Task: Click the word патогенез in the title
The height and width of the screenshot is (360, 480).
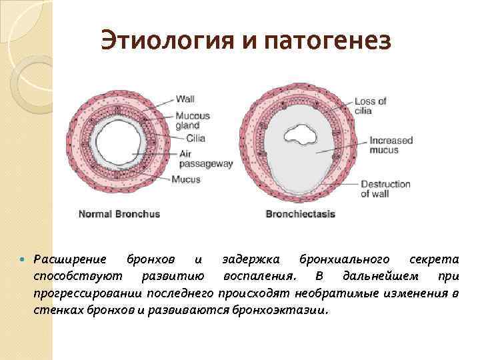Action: tap(327, 42)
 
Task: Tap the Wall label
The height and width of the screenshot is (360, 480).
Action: tap(185, 99)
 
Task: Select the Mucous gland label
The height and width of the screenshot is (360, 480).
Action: tap(192, 120)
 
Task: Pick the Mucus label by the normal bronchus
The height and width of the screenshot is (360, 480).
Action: tap(185, 179)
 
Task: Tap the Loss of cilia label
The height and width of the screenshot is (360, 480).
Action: tap(370, 106)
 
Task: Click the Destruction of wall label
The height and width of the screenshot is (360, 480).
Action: tap(385, 189)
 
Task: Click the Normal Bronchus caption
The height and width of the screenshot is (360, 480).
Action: tap(119, 215)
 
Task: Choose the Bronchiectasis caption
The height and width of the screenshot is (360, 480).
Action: tap(300, 215)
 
